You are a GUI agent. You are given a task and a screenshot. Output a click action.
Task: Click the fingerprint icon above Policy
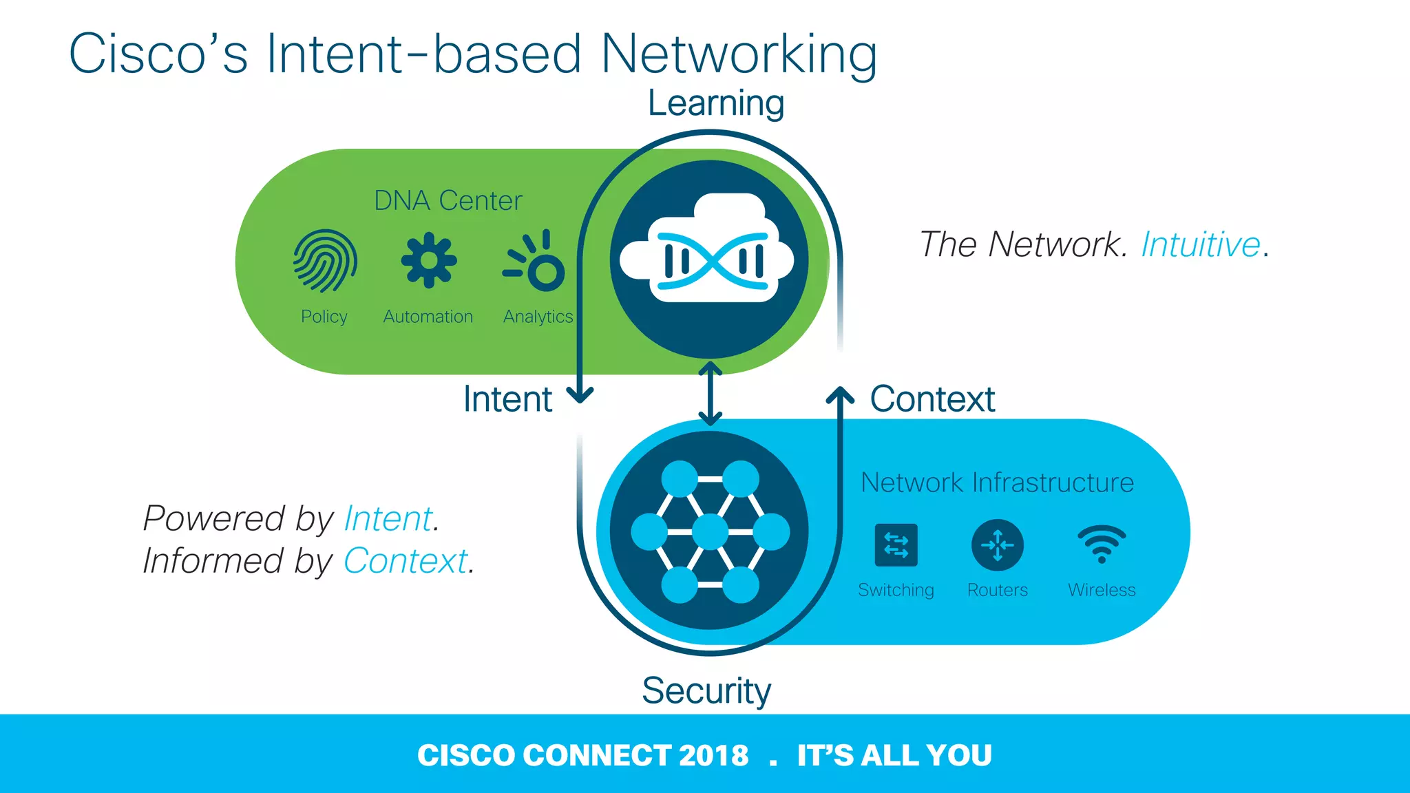pyautogui.click(x=325, y=261)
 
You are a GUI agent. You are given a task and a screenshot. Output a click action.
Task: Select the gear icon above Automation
pyautogui.click(x=429, y=260)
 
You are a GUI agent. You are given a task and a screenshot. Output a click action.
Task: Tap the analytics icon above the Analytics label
pyautogui.click(x=536, y=262)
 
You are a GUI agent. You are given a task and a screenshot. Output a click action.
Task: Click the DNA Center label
pyautogui.click(x=448, y=201)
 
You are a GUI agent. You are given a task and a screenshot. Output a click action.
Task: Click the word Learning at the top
pyautogui.click(x=715, y=103)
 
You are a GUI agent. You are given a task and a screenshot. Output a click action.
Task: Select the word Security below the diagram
pyautogui.click(x=706, y=690)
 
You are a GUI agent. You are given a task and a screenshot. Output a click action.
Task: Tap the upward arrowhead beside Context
pyautogui.click(x=840, y=395)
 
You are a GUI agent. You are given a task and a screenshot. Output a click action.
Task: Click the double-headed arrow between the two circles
pyautogui.click(x=710, y=394)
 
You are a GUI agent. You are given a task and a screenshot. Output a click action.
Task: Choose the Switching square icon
pyautogui.click(x=896, y=545)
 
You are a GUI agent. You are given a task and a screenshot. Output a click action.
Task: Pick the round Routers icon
pyautogui.click(x=997, y=545)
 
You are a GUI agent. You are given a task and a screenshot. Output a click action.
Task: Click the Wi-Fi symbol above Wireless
pyautogui.click(x=1102, y=544)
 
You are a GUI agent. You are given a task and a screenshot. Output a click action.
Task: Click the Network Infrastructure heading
pyautogui.click(x=997, y=483)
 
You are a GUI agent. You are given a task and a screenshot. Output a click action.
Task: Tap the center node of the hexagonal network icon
pyautogui.click(x=710, y=532)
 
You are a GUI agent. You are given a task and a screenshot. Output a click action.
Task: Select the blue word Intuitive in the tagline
pyautogui.click(x=1200, y=244)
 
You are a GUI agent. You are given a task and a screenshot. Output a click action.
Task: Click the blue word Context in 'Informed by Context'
pyautogui.click(x=406, y=561)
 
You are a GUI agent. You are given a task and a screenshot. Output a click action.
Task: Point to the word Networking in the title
pyautogui.click(x=739, y=54)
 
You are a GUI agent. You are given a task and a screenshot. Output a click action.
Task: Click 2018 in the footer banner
pyautogui.click(x=713, y=755)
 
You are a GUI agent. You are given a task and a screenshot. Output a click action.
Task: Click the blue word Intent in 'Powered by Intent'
pyautogui.click(x=388, y=518)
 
